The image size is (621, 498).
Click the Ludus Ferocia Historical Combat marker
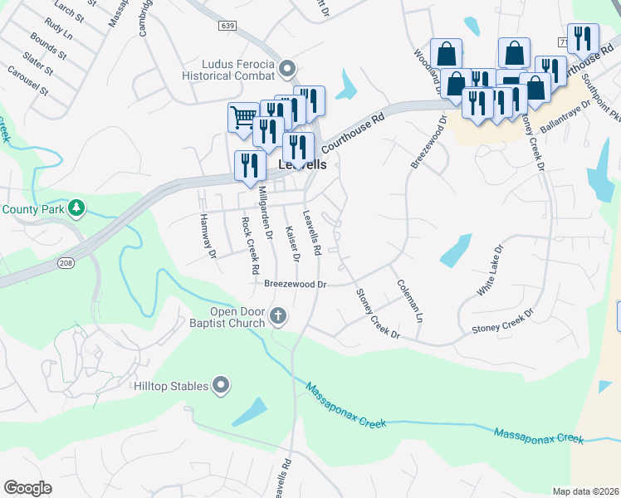pyautogui.click(x=288, y=67)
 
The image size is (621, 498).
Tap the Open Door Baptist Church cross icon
pyautogui.click(x=278, y=317)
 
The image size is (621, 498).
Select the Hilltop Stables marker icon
pyautogui.click(x=221, y=384)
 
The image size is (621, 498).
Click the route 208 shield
pyautogui.click(x=65, y=262)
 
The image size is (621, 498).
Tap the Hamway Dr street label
pyautogui.click(x=207, y=235)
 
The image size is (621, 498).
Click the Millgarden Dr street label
pyautogui.click(x=265, y=212)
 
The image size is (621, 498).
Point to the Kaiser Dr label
pyautogui.click(x=291, y=244)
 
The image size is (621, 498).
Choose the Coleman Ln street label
pyautogui.click(x=409, y=300)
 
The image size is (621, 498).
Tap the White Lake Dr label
pyautogui.click(x=491, y=271)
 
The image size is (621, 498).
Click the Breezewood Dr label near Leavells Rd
pyautogui.click(x=296, y=284)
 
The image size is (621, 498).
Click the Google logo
pyautogui.click(x=27, y=488)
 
